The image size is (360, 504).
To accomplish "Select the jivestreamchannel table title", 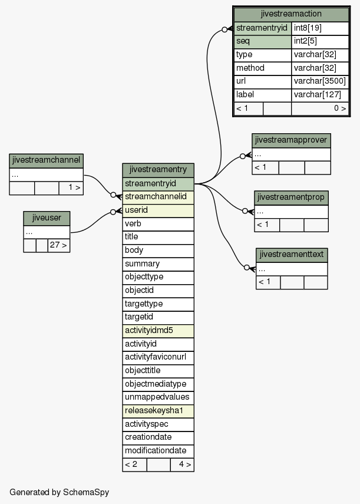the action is click(46, 161).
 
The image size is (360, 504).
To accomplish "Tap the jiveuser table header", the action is click(47, 218).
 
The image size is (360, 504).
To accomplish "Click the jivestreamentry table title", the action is click(158, 170).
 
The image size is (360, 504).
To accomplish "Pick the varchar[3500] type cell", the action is click(320, 82).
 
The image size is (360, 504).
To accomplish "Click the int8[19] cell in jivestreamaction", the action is click(320, 28).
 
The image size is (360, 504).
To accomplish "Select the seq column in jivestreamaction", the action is click(263, 42).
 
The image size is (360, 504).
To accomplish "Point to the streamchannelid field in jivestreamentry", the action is click(158, 197).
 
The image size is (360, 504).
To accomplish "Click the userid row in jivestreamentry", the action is click(158, 210).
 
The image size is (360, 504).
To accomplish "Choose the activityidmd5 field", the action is click(158, 331).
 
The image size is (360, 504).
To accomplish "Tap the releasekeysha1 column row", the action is click(158, 411).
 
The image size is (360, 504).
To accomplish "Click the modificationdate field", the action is click(158, 451).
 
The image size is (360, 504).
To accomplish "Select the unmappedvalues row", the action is click(158, 398).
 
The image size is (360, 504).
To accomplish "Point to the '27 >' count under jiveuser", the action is click(59, 246).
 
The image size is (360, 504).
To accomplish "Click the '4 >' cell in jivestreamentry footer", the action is click(182, 465).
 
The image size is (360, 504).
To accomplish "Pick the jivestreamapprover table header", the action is click(291, 141).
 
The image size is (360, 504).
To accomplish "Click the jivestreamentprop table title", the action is click(291, 197).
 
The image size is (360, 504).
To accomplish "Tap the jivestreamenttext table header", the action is click(292, 255).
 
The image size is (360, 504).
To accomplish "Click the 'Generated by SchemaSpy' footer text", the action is click(60, 492).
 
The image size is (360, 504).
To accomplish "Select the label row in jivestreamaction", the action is click(263, 95).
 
